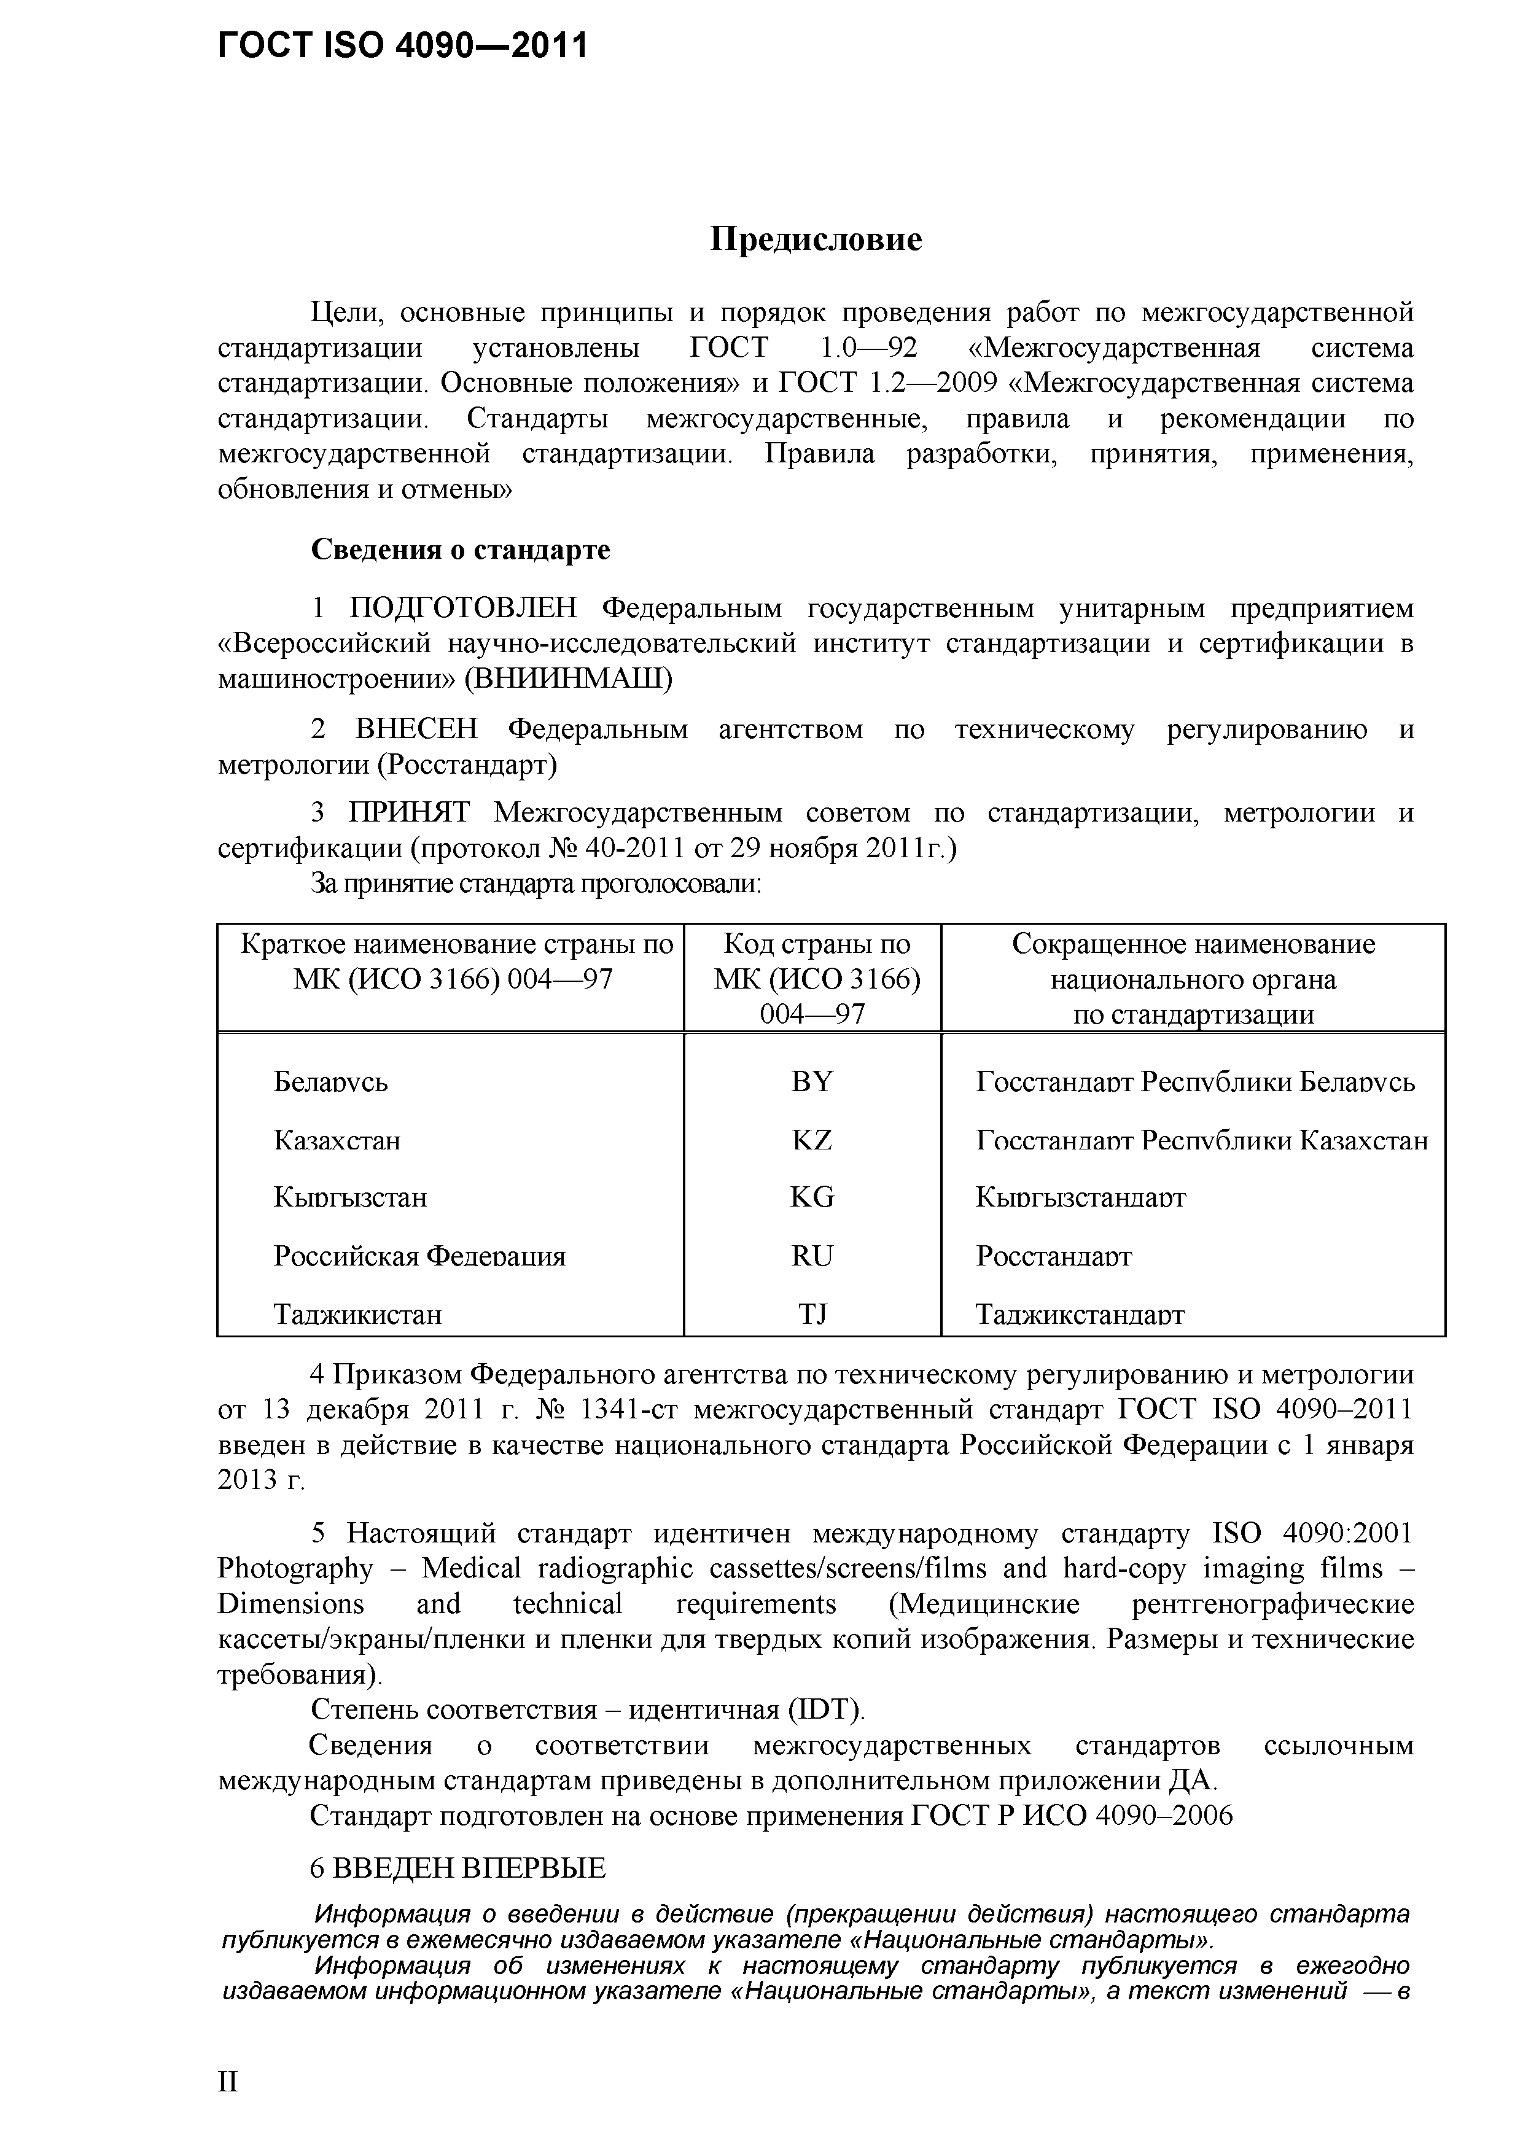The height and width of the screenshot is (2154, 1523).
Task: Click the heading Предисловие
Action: click(x=816, y=239)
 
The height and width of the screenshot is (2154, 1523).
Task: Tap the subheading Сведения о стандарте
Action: click(x=460, y=549)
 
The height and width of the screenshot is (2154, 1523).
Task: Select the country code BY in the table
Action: click(x=812, y=1082)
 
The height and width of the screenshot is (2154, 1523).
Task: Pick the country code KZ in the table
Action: click(x=812, y=1140)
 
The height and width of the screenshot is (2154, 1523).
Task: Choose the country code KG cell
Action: click(x=812, y=1197)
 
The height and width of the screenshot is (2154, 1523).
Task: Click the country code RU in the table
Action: click(x=812, y=1255)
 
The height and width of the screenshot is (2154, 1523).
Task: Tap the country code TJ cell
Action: click(x=812, y=1313)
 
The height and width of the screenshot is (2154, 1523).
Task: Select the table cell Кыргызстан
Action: click(x=350, y=1198)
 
